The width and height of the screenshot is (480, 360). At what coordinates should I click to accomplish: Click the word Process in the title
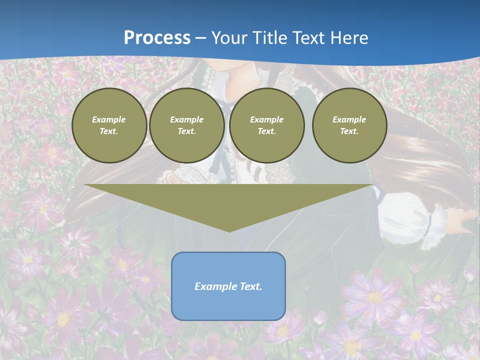(x=157, y=38)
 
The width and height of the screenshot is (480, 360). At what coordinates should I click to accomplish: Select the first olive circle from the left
(x=109, y=125)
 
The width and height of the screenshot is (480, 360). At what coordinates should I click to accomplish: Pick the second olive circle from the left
(x=186, y=125)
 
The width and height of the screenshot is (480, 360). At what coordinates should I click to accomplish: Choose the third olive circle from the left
(x=266, y=125)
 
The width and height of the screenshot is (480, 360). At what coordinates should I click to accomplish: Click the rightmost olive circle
(x=349, y=125)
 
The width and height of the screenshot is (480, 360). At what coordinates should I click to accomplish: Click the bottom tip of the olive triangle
(x=229, y=230)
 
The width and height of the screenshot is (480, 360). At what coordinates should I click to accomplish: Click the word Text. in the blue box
(x=249, y=286)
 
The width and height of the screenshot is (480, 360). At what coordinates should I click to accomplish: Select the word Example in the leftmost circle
(x=109, y=119)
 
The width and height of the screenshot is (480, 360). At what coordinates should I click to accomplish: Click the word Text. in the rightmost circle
(x=349, y=131)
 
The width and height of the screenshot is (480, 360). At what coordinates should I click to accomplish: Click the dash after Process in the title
(x=200, y=38)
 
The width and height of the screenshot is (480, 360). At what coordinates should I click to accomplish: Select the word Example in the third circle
(x=266, y=119)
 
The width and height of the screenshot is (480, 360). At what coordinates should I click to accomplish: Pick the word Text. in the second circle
(x=186, y=131)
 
